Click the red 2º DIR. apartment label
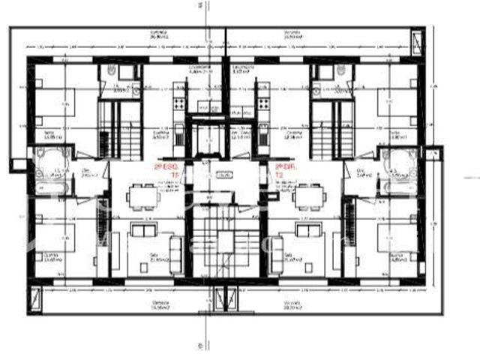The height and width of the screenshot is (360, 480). point(283,168)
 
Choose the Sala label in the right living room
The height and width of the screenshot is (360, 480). point(289,256)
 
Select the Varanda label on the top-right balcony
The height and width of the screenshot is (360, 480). point(292,33)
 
